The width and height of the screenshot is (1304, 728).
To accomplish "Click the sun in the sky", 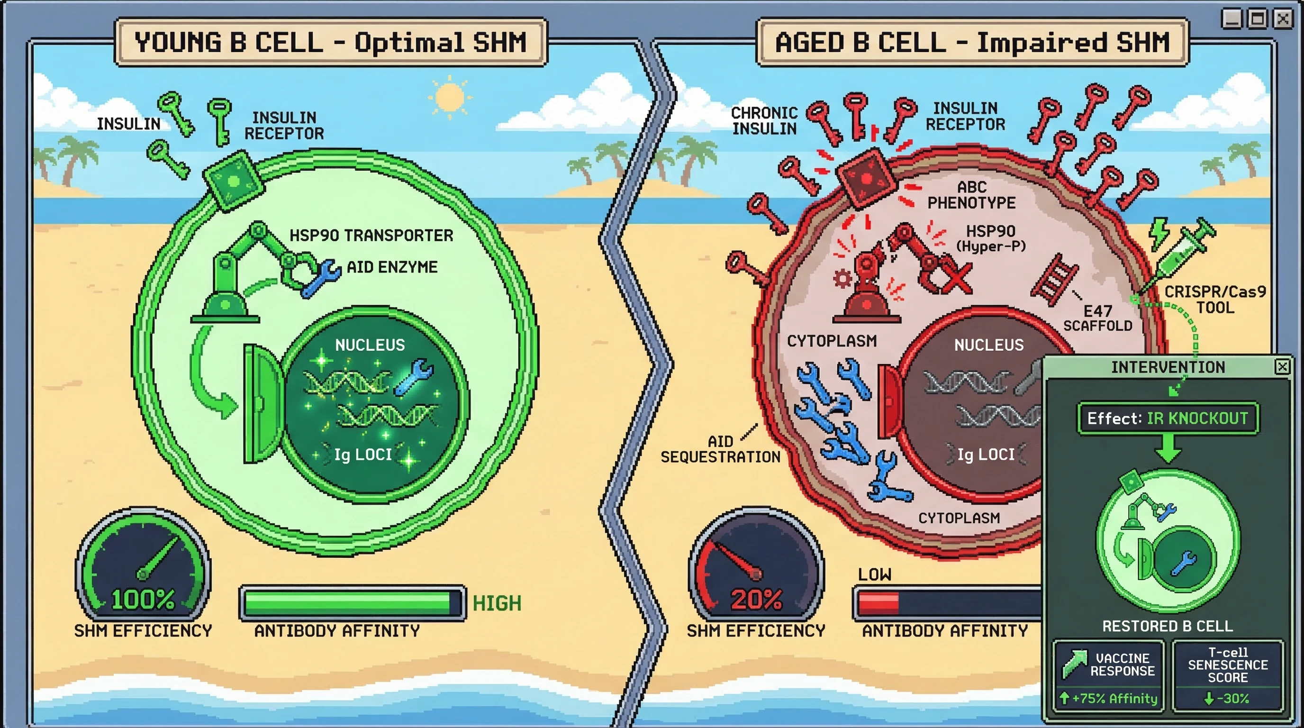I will point(449,97).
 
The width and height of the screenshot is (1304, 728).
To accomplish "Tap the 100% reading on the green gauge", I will point(143,600).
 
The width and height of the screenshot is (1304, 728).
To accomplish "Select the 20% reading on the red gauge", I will point(756,600).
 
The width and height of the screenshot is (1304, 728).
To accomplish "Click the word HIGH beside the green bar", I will point(497,603).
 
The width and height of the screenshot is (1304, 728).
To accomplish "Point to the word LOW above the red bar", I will point(875,574).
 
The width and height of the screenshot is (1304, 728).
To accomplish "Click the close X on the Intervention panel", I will point(1282,366).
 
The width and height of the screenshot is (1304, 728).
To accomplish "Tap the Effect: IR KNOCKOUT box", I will point(1168,418).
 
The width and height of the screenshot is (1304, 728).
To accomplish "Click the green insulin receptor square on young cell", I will point(233,180).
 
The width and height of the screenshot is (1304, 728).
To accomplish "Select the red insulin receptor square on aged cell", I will point(866,178).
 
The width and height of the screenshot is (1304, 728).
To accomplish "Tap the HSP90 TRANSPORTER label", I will point(371,236).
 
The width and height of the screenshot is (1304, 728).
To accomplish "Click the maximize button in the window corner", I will point(1258,19).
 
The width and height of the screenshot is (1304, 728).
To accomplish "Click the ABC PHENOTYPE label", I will point(971,195).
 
